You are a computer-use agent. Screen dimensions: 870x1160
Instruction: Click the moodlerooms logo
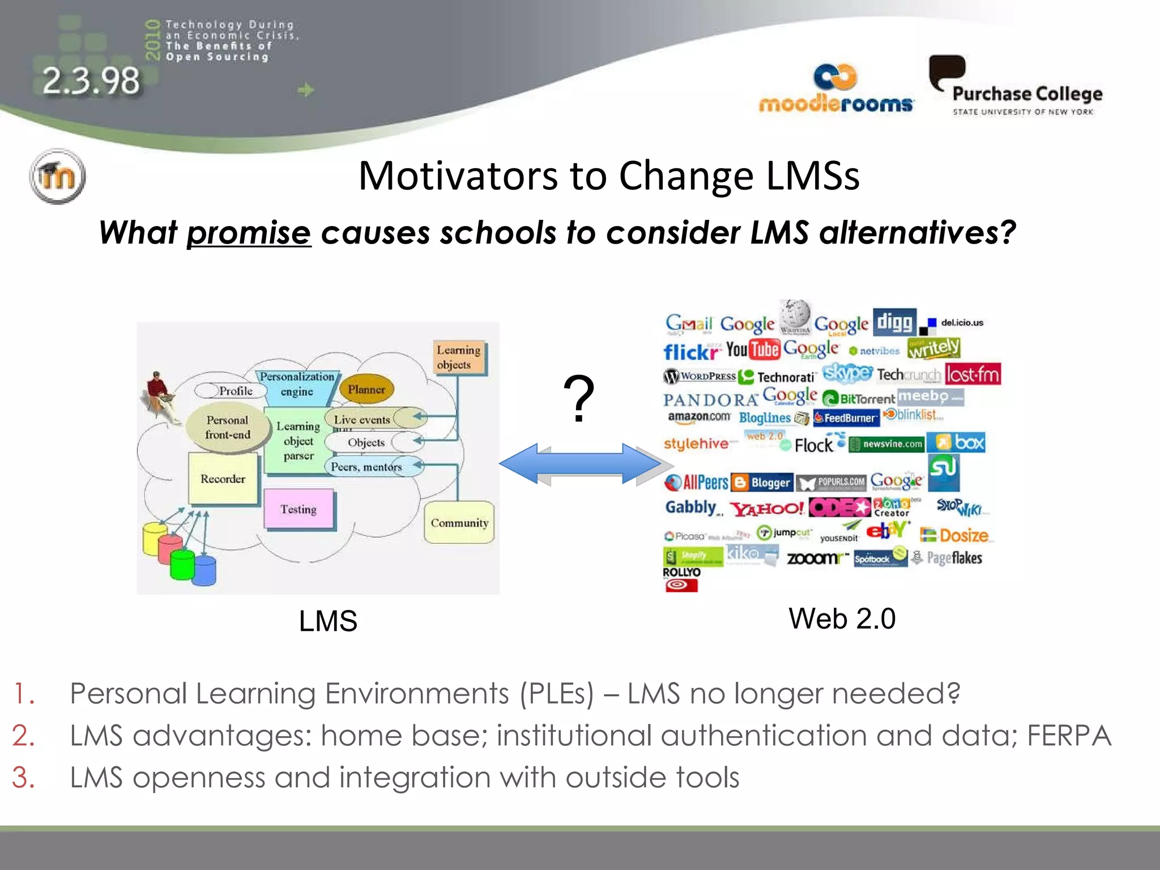pos(835,91)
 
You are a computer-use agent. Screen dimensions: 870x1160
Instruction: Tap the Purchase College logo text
pos(1027,94)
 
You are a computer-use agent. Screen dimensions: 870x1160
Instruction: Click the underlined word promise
pos(249,233)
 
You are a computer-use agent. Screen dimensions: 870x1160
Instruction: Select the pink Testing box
pos(298,509)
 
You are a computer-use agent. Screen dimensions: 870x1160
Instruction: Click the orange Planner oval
pos(366,389)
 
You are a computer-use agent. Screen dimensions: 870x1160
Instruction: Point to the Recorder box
pos(223,479)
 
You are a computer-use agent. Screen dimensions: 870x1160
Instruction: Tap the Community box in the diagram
pos(459,522)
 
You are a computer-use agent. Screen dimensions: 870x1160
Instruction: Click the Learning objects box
pos(458,357)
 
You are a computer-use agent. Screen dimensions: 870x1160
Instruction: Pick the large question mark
pos(578,399)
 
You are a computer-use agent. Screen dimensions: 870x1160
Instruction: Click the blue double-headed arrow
pos(579,464)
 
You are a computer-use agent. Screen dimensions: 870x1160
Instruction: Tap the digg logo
pos(894,323)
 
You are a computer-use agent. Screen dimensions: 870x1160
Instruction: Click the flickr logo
pos(690,352)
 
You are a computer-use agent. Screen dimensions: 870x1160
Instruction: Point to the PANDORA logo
pos(710,400)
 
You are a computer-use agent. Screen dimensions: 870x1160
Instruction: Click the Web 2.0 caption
pos(842,619)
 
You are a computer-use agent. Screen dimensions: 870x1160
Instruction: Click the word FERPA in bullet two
pos(1068,736)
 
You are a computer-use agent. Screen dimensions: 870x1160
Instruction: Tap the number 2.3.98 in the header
pos(91,81)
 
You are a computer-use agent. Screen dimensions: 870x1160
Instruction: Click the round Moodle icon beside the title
pos(57,176)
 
